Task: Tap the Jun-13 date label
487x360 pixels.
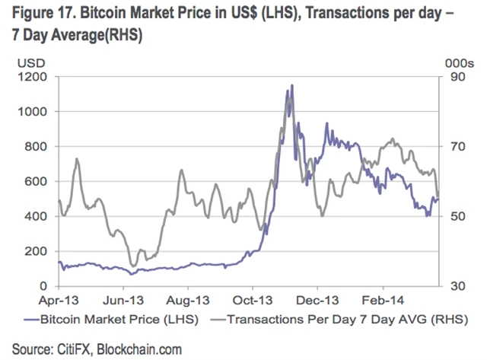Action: pos(123,300)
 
